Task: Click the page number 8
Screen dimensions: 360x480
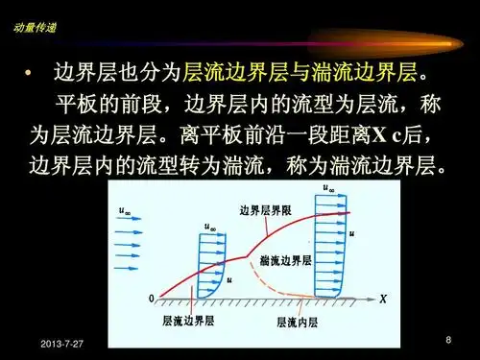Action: click(x=448, y=343)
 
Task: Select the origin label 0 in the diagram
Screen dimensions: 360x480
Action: click(x=150, y=300)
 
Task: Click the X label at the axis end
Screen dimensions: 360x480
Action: click(x=382, y=300)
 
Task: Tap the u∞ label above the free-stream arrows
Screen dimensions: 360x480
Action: click(x=125, y=210)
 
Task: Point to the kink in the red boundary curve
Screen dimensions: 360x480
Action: click(x=250, y=256)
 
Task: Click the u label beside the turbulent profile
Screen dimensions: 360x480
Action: click(x=352, y=231)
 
